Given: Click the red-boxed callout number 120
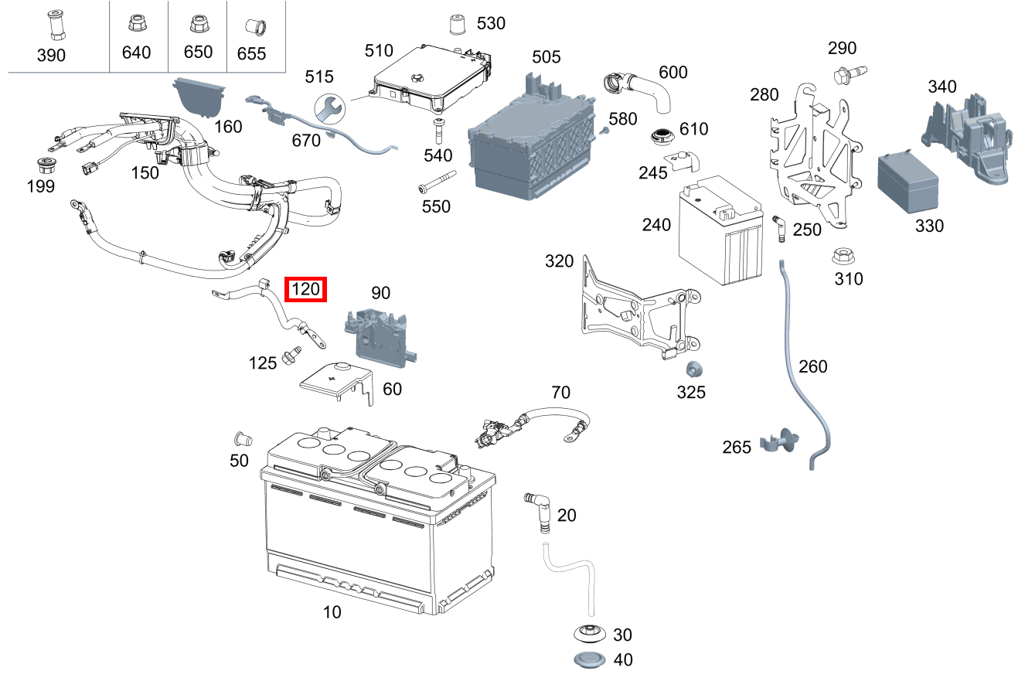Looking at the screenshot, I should pyautogui.click(x=306, y=290).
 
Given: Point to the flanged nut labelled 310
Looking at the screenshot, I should pyautogui.click(x=843, y=257).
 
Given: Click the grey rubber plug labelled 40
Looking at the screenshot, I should pyautogui.click(x=590, y=661).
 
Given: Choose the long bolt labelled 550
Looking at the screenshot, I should pyautogui.click(x=434, y=189).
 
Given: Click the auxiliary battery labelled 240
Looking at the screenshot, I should pyautogui.click(x=725, y=231).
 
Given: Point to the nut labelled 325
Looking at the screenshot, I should pyautogui.click(x=693, y=369).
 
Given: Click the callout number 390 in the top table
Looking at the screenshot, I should pyautogui.click(x=52, y=55).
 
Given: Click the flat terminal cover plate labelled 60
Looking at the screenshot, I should pyautogui.click(x=335, y=381).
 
